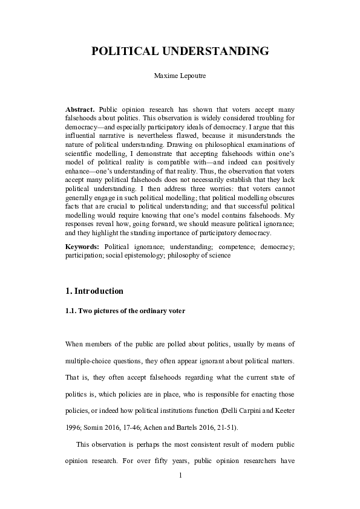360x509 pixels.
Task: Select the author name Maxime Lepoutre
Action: [180, 77]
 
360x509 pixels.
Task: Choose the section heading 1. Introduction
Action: [94, 291]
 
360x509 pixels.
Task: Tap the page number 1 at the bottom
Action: [180, 476]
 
